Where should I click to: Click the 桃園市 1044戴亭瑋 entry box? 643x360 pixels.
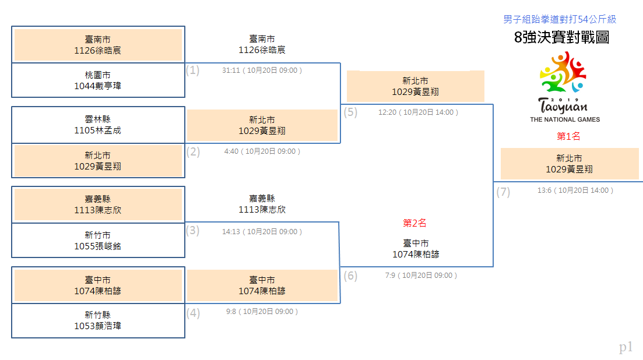98,80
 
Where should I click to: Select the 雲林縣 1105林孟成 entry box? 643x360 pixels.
98,125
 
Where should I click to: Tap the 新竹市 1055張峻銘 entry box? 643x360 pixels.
98,241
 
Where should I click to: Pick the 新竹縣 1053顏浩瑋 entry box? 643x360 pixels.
98,320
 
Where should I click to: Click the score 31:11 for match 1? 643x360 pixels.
231,70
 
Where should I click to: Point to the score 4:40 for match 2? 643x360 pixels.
231,151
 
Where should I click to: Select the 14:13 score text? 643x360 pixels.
231,232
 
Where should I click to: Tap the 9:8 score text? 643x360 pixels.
231,312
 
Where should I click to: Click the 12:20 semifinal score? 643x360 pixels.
387,112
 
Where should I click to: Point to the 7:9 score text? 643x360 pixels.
390,276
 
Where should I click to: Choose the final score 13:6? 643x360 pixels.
544,190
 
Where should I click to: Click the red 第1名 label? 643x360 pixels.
568,136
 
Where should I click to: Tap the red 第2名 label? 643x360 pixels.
414,223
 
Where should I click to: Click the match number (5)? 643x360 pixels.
350,112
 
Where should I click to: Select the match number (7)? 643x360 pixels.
503,192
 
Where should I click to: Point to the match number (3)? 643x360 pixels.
192,231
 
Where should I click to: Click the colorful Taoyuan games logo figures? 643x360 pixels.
563,72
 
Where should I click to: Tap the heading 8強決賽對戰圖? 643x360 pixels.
561,37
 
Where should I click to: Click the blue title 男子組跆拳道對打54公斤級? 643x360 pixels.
560,19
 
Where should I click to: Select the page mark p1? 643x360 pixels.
626,347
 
